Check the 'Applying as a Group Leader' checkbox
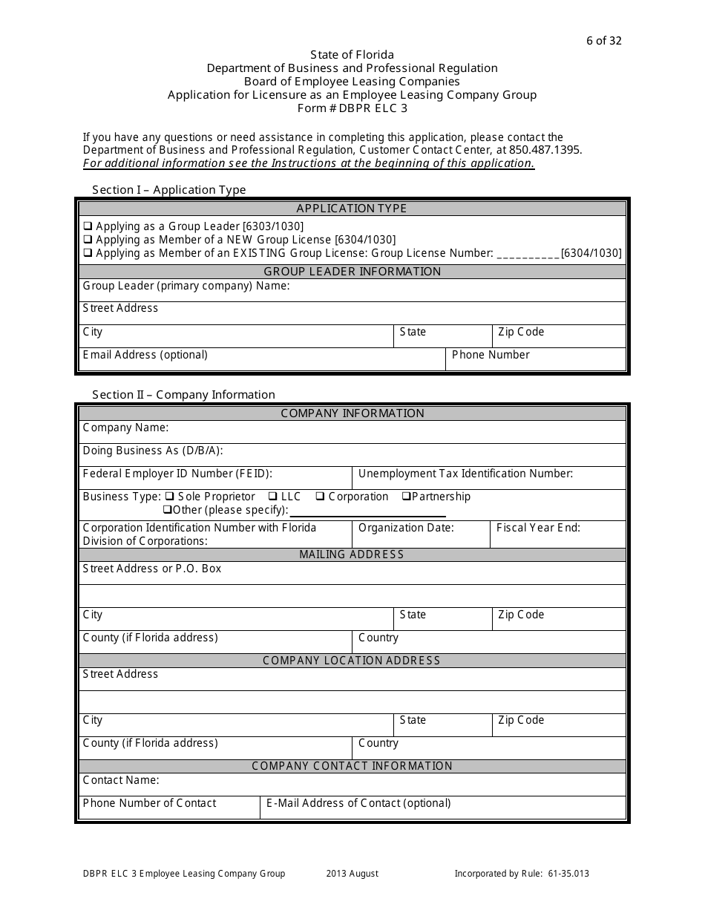[x=88, y=226]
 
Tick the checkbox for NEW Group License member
[x=88, y=240]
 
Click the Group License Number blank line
[x=528, y=254]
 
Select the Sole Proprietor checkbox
[x=169, y=497]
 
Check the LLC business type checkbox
[x=274, y=497]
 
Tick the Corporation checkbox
[x=320, y=497]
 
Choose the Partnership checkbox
[x=407, y=497]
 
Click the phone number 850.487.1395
[x=545, y=150]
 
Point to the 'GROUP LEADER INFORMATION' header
[x=352, y=272]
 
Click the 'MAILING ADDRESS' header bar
[x=352, y=554]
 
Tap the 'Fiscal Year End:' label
[x=538, y=528]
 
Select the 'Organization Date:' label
[x=406, y=528]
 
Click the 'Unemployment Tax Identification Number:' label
[x=465, y=474]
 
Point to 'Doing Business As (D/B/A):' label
[x=153, y=451]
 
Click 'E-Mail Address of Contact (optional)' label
[x=358, y=803]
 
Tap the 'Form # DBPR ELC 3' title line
[x=352, y=108]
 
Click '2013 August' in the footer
[x=352, y=874]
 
